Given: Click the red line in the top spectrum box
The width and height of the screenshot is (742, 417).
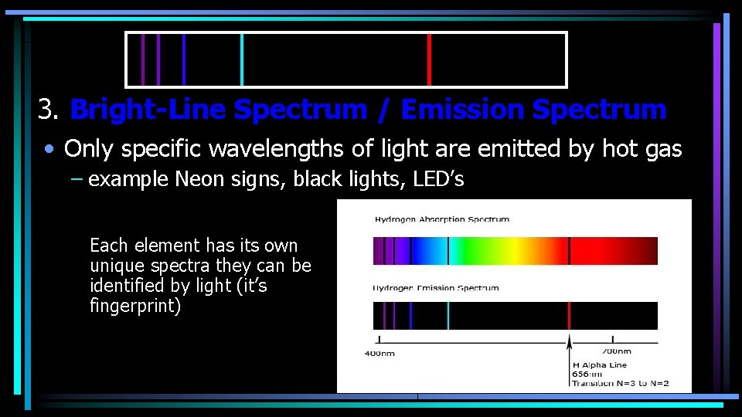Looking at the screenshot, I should (x=429, y=59).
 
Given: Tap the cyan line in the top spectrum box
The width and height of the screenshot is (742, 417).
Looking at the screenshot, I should (x=242, y=59).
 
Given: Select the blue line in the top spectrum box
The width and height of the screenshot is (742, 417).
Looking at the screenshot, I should (x=183, y=59).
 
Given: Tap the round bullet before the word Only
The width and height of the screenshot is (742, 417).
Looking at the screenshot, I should (x=49, y=149).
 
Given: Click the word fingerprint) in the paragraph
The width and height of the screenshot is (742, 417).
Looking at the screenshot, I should (x=134, y=306).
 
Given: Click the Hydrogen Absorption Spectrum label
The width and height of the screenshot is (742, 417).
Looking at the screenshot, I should (x=442, y=219).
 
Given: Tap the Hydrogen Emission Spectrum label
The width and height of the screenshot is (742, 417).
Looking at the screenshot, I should (x=437, y=288).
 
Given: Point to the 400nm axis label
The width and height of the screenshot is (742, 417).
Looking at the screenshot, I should (x=380, y=354).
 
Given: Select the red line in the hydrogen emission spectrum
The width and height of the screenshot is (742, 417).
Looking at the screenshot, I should (x=569, y=316).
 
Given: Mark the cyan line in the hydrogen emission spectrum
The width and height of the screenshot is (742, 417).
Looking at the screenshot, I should (x=448, y=316).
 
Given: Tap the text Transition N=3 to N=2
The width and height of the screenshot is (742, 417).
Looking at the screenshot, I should (x=621, y=384).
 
